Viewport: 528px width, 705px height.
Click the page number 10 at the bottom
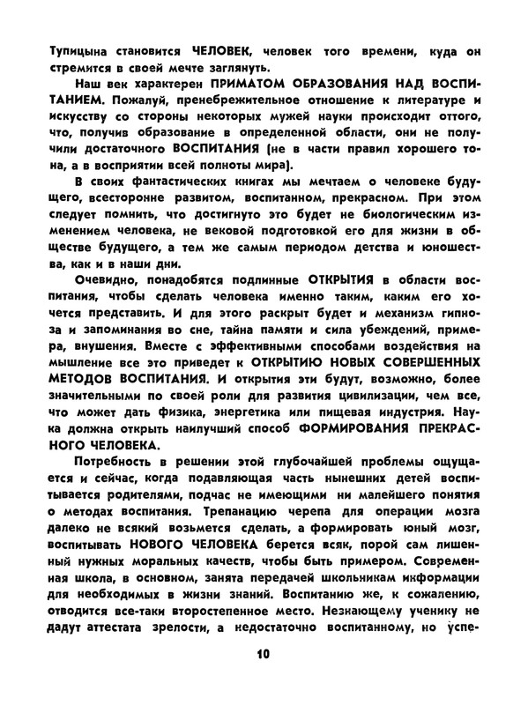coord(263,655)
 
